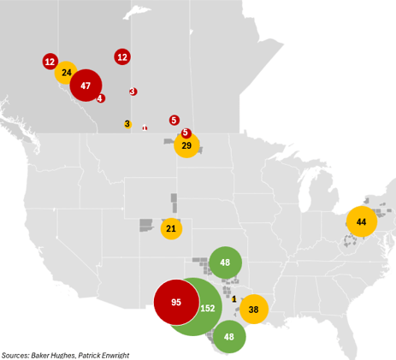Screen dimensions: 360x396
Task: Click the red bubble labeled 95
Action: (x=177, y=303)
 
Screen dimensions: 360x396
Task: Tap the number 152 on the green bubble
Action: (x=207, y=308)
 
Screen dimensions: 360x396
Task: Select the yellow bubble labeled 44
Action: (x=361, y=221)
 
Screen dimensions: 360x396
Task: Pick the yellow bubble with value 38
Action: (x=253, y=309)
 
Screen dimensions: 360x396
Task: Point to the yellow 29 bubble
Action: (x=186, y=146)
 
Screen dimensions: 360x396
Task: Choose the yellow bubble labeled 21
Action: (x=171, y=228)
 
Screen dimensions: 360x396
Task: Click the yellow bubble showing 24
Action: (x=66, y=73)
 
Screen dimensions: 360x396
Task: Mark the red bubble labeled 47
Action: (x=86, y=86)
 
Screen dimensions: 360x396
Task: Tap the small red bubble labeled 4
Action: (x=101, y=98)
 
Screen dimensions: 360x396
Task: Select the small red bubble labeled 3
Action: (x=133, y=91)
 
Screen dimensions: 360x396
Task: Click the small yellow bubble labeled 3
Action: (x=127, y=124)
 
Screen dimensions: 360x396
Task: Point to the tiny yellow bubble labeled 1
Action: (x=234, y=298)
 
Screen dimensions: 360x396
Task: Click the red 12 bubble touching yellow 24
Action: (x=50, y=62)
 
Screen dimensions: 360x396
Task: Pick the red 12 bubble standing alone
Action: (x=122, y=57)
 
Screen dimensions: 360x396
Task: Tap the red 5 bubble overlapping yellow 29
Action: (x=186, y=133)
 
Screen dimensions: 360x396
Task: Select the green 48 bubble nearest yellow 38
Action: (x=229, y=336)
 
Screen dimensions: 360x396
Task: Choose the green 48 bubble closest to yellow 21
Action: (x=225, y=263)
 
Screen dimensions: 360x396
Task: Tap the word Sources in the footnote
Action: (x=15, y=355)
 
